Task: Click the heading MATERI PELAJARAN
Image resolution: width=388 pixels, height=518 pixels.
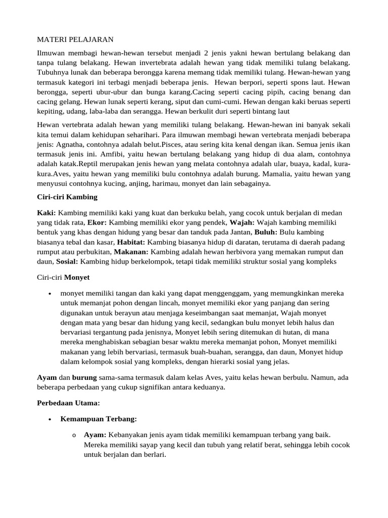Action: [75, 39]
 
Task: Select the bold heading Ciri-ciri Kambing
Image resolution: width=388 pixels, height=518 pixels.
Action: [67, 197]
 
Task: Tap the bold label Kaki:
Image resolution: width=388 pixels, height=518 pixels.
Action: [47, 213]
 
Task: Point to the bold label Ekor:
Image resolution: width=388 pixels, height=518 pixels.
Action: [97, 223]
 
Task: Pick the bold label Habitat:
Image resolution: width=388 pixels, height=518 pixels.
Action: [132, 242]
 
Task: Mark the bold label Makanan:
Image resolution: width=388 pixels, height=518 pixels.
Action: [131, 251]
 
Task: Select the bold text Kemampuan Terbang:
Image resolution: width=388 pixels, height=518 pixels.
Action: [99, 419]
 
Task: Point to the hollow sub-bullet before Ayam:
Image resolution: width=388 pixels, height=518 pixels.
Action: [74, 436]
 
